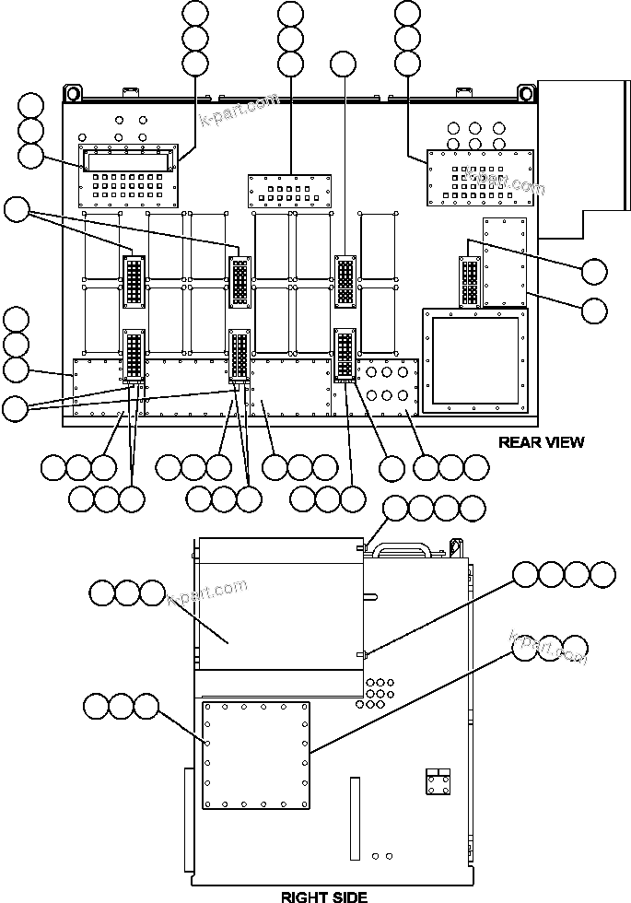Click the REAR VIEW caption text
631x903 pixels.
click(541, 442)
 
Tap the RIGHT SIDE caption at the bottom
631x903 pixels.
click(323, 896)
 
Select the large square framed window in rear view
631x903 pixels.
click(475, 360)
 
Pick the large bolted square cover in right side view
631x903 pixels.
click(256, 756)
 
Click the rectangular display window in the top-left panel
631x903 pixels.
click(128, 161)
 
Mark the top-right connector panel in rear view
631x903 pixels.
click(480, 177)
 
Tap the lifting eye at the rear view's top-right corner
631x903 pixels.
click(526, 94)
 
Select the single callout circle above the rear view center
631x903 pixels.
click(343, 64)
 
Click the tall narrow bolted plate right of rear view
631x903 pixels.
click(504, 262)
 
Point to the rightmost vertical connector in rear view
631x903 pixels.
click(469, 281)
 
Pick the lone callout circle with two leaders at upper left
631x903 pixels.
click(17, 210)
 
